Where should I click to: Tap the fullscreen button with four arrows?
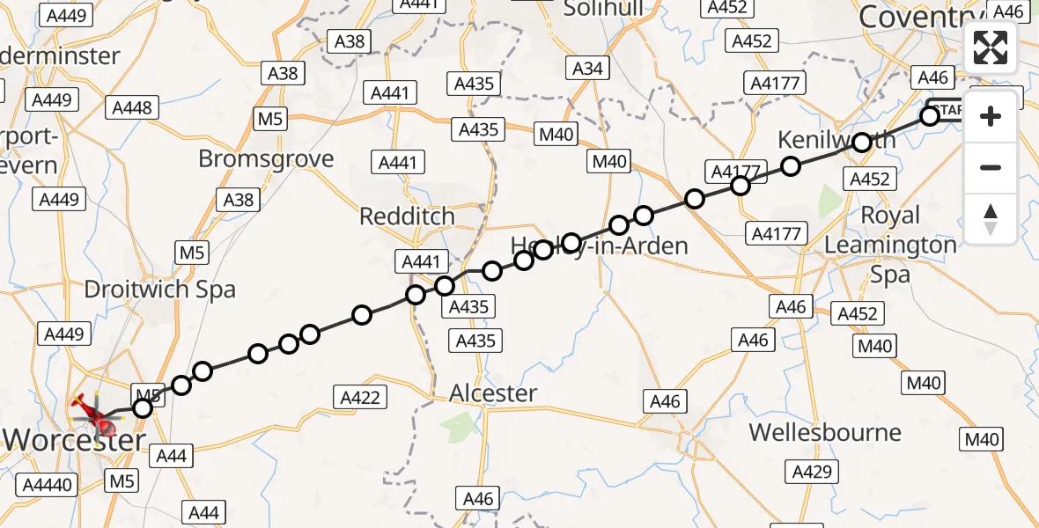[991, 48]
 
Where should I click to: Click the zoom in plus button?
[991, 116]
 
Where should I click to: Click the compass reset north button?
[991, 218]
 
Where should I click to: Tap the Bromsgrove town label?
[266, 159]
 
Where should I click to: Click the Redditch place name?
[407, 216]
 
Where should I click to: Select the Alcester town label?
[492, 393]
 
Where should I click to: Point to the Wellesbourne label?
[825, 433]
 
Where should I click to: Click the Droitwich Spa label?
[159, 290]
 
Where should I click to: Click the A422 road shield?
[360, 398]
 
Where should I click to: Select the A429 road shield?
[811, 472]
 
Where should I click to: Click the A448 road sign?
[133, 108]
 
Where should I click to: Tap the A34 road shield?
[587, 69]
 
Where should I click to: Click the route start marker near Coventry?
[930, 115]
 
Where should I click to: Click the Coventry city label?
[917, 17]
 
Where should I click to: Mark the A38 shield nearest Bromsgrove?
[239, 200]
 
